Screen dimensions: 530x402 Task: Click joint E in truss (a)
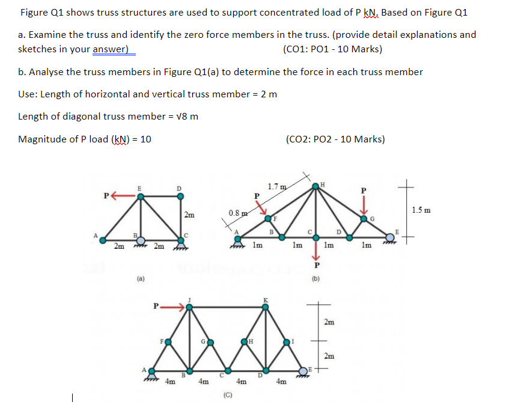tap(141, 195)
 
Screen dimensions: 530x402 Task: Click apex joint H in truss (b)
tap(317, 187)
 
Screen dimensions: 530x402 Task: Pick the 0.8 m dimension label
tap(237, 213)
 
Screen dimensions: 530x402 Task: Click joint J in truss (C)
tap(189, 306)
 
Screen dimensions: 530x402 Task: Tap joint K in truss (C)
tap(265, 306)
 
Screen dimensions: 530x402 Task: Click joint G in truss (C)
tap(208, 343)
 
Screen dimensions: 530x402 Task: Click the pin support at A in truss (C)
tap(151, 373)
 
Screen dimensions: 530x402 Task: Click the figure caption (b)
tap(315, 278)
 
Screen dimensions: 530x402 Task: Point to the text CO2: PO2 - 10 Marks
tap(336, 139)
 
